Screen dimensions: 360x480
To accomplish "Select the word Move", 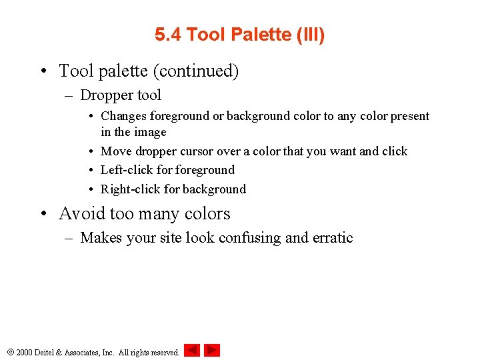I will tap(116, 151).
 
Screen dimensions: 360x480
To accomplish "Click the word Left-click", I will tap(130, 170).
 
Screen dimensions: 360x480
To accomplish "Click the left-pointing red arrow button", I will tap(191, 350).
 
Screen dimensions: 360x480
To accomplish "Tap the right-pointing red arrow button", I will tap(212, 350).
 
